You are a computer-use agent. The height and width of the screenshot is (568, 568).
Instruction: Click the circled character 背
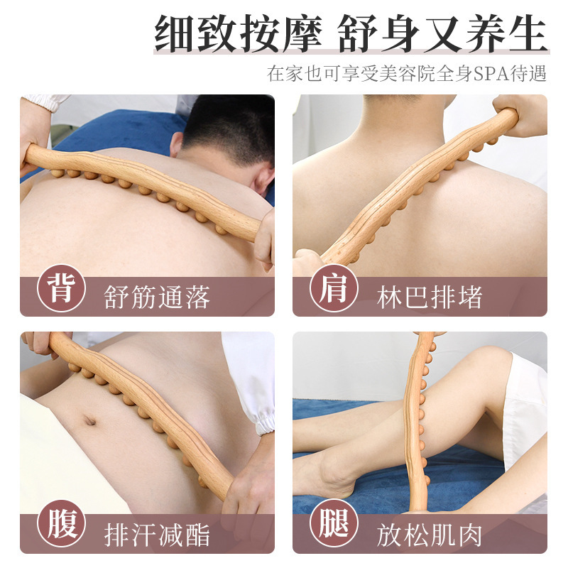(x=61, y=290)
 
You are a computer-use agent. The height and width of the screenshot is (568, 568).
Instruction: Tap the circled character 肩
(x=334, y=290)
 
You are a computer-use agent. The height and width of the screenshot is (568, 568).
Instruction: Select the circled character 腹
(x=61, y=528)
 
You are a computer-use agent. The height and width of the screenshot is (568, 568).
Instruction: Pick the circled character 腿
(x=334, y=528)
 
